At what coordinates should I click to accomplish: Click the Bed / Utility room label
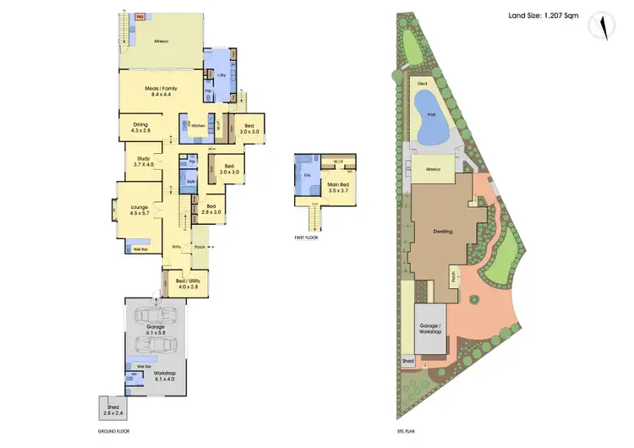coord(183,284)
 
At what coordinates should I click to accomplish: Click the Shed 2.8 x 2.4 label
coord(112,409)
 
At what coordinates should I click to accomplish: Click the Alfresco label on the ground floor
coord(161,41)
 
